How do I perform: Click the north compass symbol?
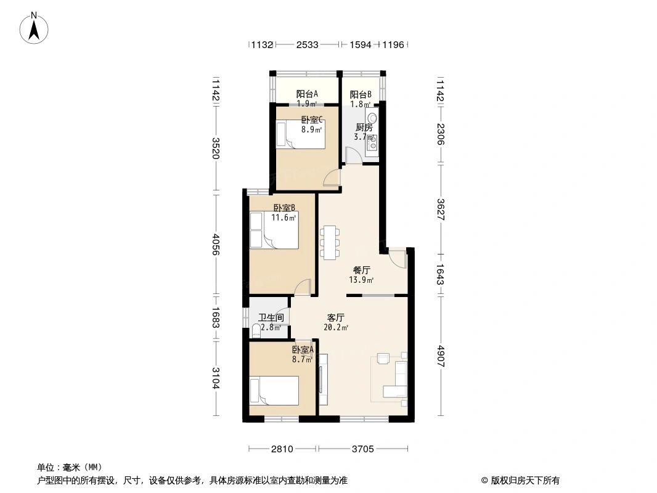[34, 28]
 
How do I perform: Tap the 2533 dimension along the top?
[307, 44]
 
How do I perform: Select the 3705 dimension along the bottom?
[362, 449]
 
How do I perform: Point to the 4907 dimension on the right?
[440, 356]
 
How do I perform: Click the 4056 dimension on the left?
[216, 245]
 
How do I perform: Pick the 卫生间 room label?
[271, 317]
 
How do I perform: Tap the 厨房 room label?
[364, 128]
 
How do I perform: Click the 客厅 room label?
[336, 317]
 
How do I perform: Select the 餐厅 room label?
[361, 270]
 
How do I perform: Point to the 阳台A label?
[307, 94]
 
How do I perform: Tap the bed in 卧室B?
[274, 230]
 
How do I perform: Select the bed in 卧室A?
[274, 390]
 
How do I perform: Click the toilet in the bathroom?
[256, 331]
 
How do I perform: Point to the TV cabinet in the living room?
[323, 380]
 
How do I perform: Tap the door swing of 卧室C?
[331, 177]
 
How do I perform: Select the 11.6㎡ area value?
[284, 218]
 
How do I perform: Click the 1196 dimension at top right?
[393, 44]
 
